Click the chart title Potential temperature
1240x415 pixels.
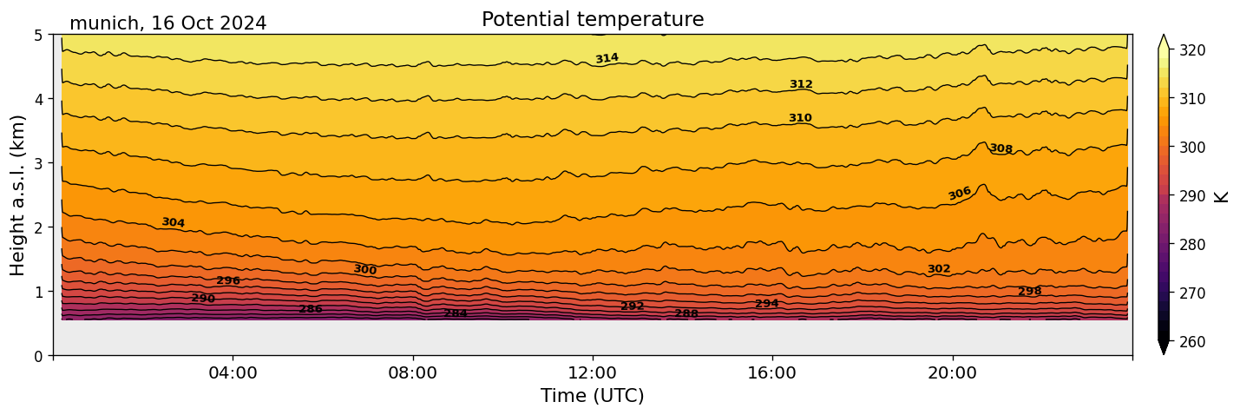pos(593,19)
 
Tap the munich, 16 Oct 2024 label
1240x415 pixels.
pos(167,23)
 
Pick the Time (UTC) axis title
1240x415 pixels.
pos(593,396)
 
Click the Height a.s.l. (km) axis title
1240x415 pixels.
pos(18,194)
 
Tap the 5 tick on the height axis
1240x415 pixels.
pos(38,35)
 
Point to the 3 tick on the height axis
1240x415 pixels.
pos(38,163)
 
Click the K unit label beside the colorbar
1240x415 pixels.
pos(1222,196)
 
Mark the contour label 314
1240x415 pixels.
pos(607,58)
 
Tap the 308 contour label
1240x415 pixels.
pos(1001,148)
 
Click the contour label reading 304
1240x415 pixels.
pos(173,222)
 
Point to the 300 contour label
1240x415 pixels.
pos(364,270)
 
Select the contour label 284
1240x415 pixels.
pos(456,313)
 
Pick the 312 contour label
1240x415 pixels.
pos(801,84)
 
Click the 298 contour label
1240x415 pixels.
pos(1030,291)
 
